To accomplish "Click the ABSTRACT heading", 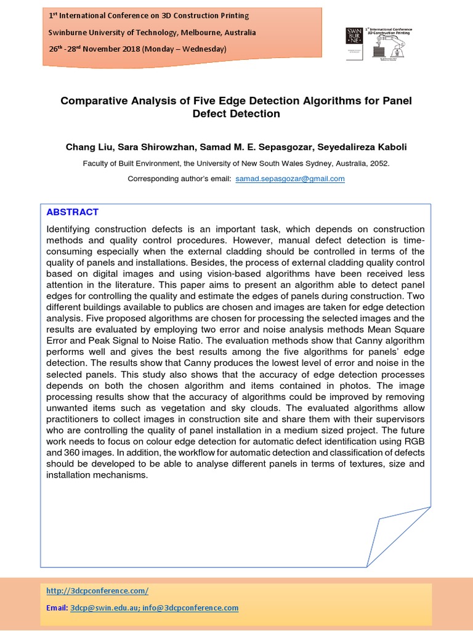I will [73, 212].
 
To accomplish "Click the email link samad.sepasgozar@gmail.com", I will [290, 179].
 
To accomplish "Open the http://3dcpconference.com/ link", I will [97, 590].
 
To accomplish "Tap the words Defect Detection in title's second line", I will [236, 114].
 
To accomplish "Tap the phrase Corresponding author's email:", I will [179, 179].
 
